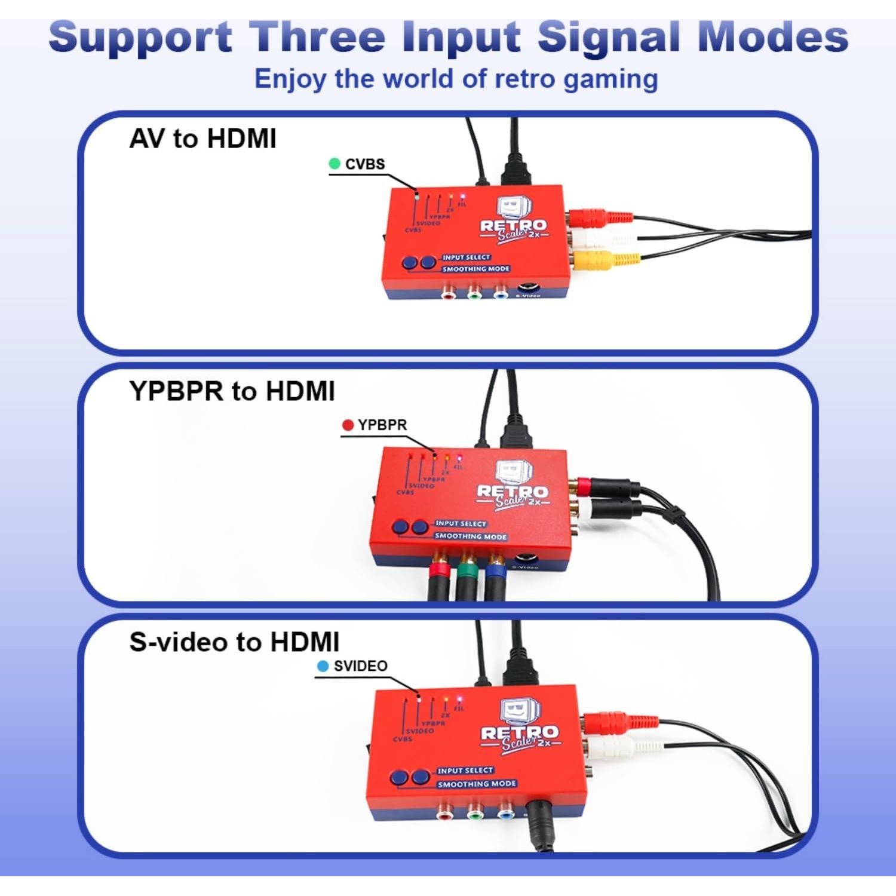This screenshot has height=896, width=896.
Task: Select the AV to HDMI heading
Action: (x=202, y=139)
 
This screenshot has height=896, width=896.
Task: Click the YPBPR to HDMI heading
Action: (x=232, y=391)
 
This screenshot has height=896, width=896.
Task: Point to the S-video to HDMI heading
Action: (x=234, y=642)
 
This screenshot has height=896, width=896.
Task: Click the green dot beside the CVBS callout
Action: (x=335, y=164)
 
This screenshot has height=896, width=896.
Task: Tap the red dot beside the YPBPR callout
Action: (x=348, y=425)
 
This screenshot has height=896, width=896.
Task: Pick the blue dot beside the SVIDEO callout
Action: (x=323, y=666)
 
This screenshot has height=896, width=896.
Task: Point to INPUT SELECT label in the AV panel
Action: (x=466, y=257)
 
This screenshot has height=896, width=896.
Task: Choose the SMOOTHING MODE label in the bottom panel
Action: (x=476, y=784)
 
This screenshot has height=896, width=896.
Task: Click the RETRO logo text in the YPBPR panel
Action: (x=512, y=492)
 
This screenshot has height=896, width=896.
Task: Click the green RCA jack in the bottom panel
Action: (x=475, y=813)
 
